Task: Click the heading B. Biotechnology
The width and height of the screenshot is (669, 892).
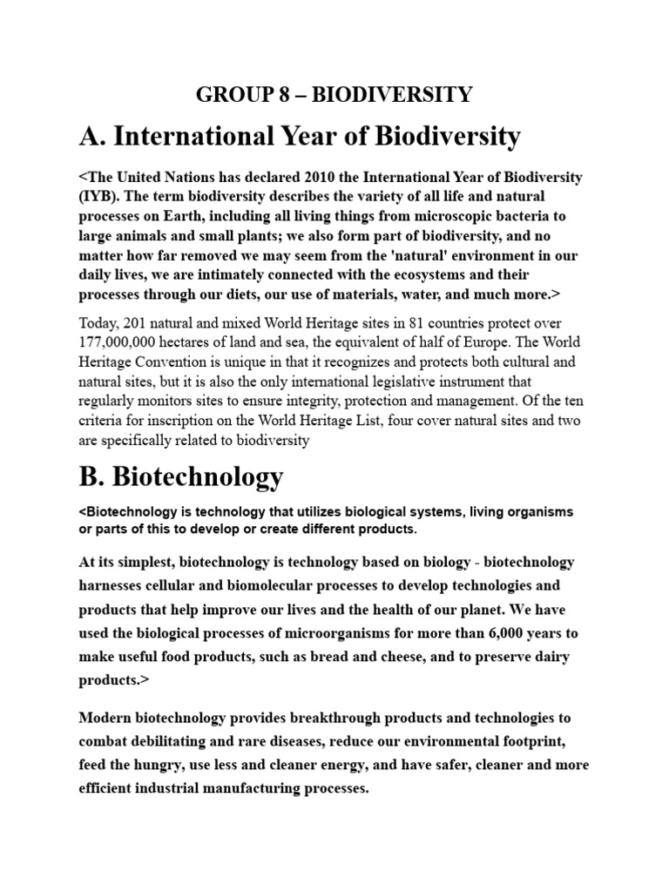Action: [x=180, y=476]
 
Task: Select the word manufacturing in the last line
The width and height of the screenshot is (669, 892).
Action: [x=267, y=790]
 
